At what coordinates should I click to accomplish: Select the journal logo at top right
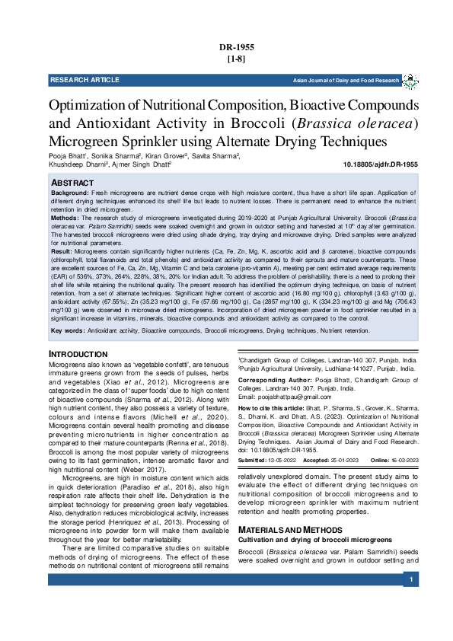(410, 80)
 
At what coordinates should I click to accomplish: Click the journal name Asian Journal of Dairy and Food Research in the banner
(346, 80)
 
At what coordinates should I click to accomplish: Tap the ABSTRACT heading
(72, 183)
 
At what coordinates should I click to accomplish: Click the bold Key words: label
(68, 330)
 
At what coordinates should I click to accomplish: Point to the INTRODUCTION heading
(79, 355)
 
